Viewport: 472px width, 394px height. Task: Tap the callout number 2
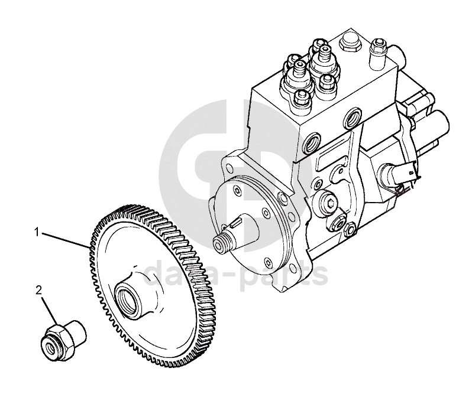[x=39, y=291]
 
